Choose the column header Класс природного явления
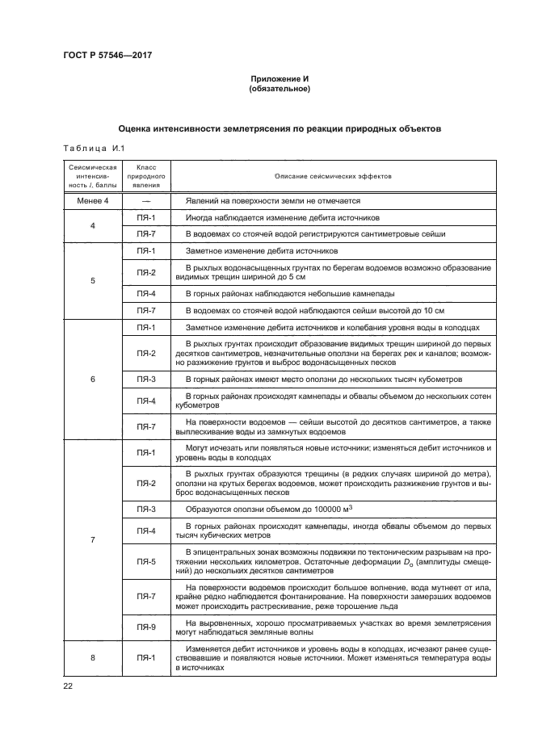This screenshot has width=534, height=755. point(146,175)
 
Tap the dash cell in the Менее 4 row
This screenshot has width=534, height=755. point(146,200)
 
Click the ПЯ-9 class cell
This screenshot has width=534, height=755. point(146,627)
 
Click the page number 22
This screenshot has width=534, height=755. point(68,686)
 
